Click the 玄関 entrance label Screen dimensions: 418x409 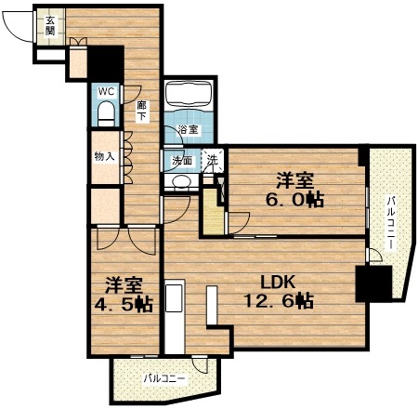[x=50, y=26]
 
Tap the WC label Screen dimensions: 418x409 [x=106, y=91]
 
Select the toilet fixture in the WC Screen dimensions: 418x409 [x=106, y=113]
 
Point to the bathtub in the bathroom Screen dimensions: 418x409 [x=189, y=94]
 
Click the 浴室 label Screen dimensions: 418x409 [x=189, y=129]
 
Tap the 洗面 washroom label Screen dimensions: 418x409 [x=182, y=160]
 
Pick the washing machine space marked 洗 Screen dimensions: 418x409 [x=213, y=160]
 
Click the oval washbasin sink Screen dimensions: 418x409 [x=181, y=181]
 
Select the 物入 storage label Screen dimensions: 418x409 [x=105, y=156]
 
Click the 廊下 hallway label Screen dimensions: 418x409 [x=141, y=111]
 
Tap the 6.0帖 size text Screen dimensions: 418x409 [x=294, y=200]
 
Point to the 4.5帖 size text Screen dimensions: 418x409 [x=124, y=305]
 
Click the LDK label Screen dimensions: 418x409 [x=277, y=282]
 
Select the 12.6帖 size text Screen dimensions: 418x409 [x=279, y=300]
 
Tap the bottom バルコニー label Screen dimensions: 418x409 [x=165, y=378]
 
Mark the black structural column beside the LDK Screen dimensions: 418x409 [x=374, y=284]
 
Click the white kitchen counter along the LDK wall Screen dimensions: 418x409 [x=175, y=317]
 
